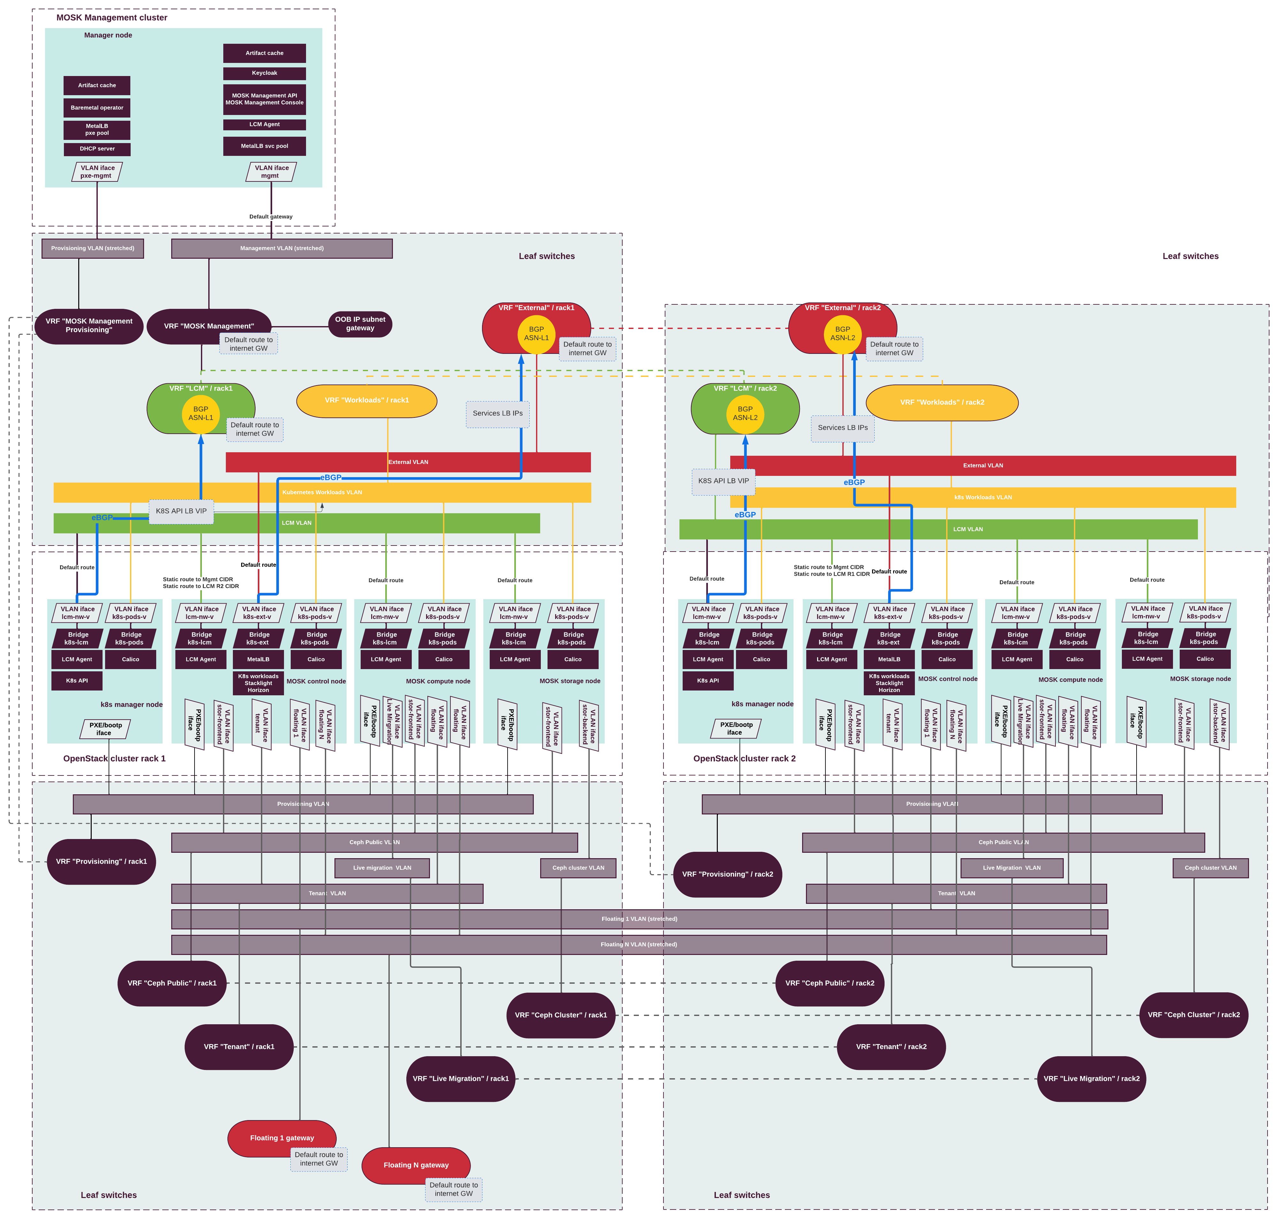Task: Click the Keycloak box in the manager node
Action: (x=264, y=73)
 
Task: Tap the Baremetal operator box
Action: (x=97, y=107)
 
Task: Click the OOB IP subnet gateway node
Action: (x=360, y=324)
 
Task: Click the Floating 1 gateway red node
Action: (x=282, y=1138)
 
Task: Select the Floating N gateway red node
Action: (x=416, y=1165)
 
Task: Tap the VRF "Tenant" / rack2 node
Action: (x=891, y=1047)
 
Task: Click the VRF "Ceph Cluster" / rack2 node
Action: (x=1193, y=1015)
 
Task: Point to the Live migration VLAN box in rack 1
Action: (x=382, y=867)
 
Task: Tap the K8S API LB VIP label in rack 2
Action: (x=723, y=481)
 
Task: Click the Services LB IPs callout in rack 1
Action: (x=497, y=413)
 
